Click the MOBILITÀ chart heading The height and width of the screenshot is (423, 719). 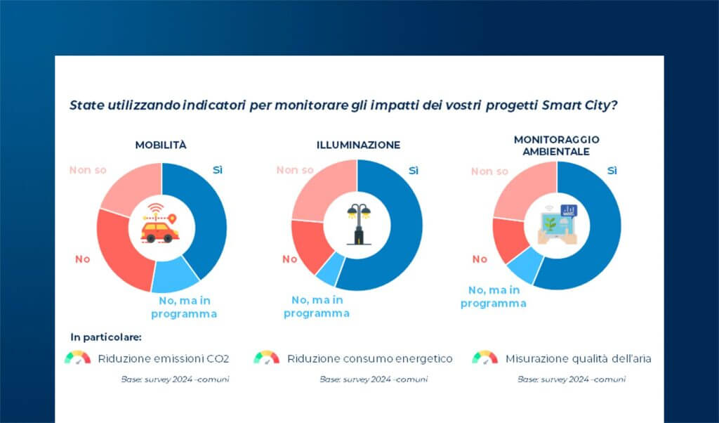161,145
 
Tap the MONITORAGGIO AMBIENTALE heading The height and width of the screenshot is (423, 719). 555,145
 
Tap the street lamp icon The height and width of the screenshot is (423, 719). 357,223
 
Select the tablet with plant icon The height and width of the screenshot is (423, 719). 556,225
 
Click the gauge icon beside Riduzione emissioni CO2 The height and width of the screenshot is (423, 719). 77,358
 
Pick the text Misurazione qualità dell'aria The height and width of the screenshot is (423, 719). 578,359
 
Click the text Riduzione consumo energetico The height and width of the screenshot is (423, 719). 369,359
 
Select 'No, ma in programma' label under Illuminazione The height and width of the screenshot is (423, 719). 316,307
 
